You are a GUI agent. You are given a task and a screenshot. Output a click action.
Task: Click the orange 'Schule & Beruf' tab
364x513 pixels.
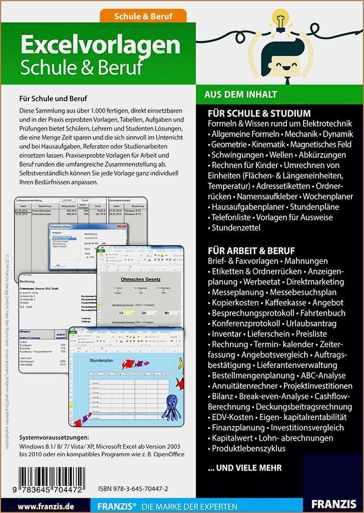coord(143,16)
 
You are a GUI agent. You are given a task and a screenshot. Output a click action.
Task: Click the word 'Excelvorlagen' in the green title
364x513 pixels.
coord(101,45)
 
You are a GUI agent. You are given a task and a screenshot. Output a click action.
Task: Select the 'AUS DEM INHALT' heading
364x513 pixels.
coord(240,95)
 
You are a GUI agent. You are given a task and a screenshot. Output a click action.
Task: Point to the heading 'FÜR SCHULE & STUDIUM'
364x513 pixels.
coord(259,113)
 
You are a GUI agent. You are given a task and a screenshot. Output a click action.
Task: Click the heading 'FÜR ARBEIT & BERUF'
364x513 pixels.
coord(251,251)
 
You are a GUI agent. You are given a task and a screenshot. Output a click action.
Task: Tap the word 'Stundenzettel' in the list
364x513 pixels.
coord(236,228)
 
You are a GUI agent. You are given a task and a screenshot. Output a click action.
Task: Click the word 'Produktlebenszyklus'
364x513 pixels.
coord(248,449)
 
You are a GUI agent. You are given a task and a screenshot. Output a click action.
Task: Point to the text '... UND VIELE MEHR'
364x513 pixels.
coord(245,468)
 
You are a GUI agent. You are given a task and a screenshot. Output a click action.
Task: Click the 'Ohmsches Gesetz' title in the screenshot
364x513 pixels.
coord(141,279)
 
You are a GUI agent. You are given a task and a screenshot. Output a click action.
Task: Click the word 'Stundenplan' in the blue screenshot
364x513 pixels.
coord(101,360)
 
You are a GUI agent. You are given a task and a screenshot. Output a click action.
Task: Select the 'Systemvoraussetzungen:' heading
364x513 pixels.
coord(54,438)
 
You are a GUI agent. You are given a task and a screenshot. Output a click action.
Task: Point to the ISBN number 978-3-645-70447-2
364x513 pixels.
coord(133,489)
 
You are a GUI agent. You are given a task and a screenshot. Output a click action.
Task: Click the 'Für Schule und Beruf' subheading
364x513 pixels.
coord(53,98)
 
